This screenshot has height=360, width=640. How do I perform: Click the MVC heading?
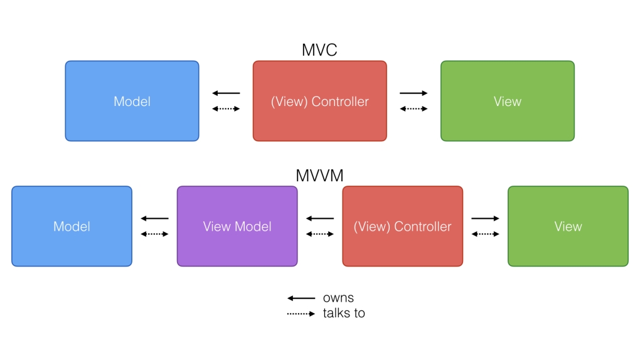point(319,50)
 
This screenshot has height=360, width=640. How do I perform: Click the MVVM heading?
point(319,176)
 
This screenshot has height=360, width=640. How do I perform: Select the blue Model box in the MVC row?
point(132,101)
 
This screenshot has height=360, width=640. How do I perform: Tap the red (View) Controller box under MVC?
point(319,101)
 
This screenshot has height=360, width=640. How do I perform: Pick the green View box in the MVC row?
point(507,101)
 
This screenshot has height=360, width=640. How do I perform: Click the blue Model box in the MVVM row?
point(72,226)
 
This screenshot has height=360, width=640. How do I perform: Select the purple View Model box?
point(237,226)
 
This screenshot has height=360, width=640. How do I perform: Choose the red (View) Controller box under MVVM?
point(402,226)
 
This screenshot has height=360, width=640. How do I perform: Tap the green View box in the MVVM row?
point(568,226)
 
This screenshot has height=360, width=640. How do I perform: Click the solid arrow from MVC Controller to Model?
point(226,93)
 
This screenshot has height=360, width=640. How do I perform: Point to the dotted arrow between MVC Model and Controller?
point(226,109)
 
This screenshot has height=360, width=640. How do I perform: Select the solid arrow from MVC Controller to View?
point(413,93)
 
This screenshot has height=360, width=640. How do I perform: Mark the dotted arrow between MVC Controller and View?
point(413,109)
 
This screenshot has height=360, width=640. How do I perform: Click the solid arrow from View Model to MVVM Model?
point(154,218)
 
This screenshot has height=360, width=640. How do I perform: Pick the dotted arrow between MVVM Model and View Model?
point(154,235)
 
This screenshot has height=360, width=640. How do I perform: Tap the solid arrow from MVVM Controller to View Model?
point(320,218)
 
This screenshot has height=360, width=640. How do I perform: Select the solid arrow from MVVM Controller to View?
point(485,218)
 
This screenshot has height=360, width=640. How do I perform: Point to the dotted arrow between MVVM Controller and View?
point(485,235)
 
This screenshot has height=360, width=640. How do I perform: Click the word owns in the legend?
point(338,298)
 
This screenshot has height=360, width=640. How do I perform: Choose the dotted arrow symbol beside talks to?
point(301,314)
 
